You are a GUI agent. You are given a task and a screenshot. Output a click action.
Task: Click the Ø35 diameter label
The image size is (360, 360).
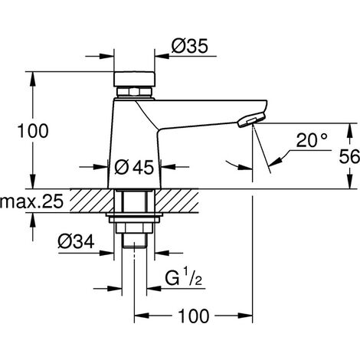[190, 46]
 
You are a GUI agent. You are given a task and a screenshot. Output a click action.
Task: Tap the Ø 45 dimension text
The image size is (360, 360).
[134, 168]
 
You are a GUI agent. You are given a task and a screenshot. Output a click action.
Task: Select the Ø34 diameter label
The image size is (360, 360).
[76, 241]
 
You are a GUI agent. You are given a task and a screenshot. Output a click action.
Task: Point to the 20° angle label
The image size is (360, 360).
[312, 140]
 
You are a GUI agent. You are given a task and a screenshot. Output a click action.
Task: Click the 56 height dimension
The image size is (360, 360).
[349, 156]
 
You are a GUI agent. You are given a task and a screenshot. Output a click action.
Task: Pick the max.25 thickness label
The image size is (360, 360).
[31, 201]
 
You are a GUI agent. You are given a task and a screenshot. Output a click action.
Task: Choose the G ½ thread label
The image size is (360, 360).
[184, 278]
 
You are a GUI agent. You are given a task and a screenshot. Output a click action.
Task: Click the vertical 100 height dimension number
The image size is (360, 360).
[33, 131]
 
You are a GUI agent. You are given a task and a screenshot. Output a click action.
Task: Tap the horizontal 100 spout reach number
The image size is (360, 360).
[194, 316]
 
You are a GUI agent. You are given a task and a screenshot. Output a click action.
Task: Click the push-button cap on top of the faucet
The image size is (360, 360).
[134, 79]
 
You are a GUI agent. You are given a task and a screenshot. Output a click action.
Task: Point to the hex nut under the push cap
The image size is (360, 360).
[134, 92]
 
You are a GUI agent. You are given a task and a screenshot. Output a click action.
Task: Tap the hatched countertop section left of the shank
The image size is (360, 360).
[92, 201]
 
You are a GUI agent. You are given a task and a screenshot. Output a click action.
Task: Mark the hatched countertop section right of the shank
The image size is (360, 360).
[177, 201]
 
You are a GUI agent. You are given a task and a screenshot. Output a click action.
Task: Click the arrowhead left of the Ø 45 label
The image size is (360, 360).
[101, 167]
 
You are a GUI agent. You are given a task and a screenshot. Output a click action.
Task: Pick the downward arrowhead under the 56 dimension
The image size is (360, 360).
[349, 182]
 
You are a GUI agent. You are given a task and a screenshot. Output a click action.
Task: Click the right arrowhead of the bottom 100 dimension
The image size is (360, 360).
[245, 316]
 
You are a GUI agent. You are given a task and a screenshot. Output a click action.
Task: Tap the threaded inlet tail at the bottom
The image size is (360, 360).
[134, 240]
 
